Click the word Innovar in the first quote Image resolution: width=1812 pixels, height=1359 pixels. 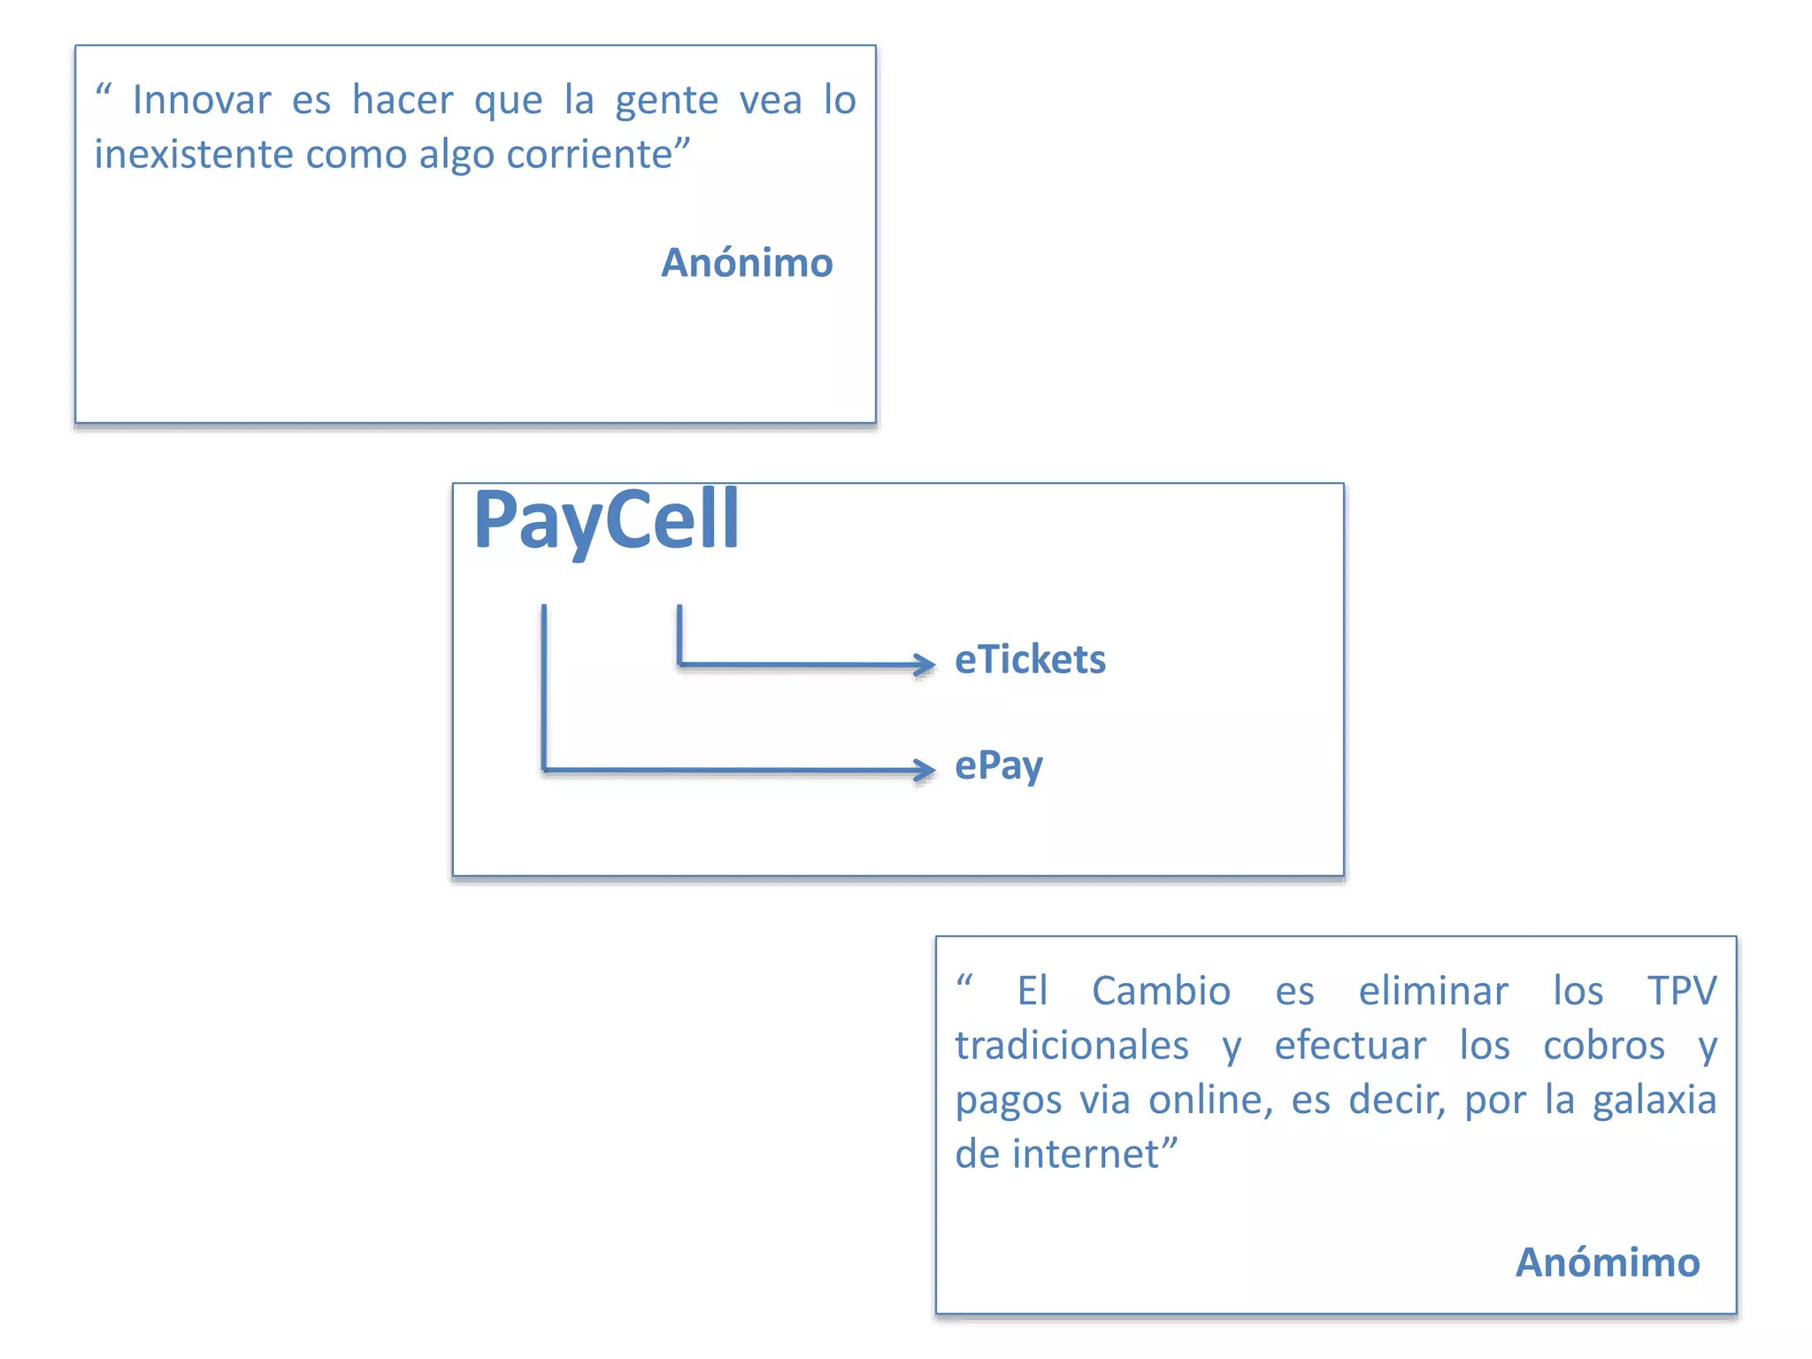coord(202,100)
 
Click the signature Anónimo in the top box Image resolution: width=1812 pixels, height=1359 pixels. coord(747,263)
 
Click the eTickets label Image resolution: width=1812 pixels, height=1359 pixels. coord(1030,660)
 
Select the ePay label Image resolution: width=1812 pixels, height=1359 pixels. coord(999,765)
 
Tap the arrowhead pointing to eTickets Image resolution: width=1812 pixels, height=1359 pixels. coord(925,664)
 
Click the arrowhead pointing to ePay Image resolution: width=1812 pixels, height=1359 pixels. coord(925,770)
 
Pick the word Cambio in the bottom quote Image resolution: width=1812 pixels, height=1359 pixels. coord(1161,991)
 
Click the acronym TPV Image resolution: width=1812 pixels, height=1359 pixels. coord(1681,991)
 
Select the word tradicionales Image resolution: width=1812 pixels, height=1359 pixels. coord(1071,1046)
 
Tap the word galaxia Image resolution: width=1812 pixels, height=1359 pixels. coord(1654,1101)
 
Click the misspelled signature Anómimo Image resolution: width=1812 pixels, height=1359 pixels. coord(1608,1263)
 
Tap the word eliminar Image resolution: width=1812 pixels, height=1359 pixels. coord(1433,991)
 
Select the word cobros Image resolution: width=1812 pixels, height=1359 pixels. coord(1603,1046)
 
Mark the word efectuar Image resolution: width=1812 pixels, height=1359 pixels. coord(1350,1046)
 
